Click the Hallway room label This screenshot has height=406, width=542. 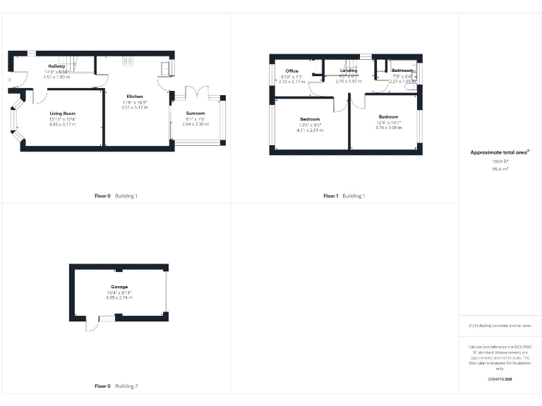click(56, 66)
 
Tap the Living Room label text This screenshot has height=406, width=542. click(62, 113)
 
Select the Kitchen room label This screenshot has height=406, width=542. click(135, 97)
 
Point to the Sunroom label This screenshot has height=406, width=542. click(195, 113)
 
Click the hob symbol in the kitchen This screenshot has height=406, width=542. click(128, 60)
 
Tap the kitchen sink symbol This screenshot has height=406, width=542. click(165, 68)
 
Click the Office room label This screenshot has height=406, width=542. click(292, 71)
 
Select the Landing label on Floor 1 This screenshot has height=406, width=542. click(349, 70)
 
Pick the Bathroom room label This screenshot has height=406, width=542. click(402, 70)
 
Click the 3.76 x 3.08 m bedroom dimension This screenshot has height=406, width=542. click(388, 128)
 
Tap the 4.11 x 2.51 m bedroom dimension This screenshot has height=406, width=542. click(309, 130)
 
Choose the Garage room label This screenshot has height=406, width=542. click(119, 287)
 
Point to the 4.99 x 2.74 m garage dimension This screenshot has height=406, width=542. click(119, 298)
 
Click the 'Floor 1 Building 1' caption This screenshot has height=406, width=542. click(344, 195)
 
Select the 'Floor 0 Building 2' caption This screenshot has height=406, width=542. click(116, 386)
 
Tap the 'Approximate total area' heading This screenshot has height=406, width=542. click(500, 152)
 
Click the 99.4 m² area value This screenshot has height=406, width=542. click(500, 169)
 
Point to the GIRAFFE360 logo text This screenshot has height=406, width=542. click(500, 380)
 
